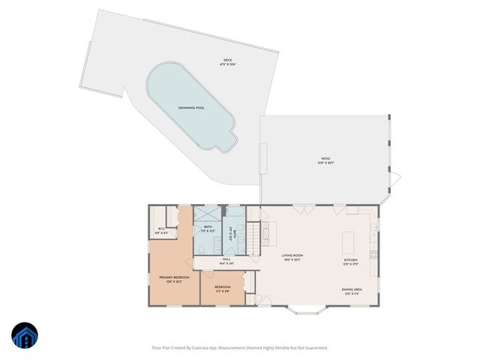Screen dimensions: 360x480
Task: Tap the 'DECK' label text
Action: click(x=227, y=60)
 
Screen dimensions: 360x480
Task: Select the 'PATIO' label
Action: click(x=325, y=158)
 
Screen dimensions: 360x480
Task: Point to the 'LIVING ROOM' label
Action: click(x=292, y=256)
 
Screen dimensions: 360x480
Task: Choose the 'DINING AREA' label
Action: click(x=352, y=289)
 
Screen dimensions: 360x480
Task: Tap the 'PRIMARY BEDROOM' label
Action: click(x=174, y=277)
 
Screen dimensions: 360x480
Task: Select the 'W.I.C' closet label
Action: click(x=160, y=229)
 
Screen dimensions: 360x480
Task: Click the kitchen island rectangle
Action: click(x=347, y=241)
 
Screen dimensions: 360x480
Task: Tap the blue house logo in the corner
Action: click(x=25, y=336)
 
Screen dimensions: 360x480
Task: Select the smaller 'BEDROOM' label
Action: click(x=222, y=287)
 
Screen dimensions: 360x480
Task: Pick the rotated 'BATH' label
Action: click(x=236, y=233)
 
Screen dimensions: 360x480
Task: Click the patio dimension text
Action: click(x=325, y=162)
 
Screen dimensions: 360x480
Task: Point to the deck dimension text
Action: click(x=227, y=64)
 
